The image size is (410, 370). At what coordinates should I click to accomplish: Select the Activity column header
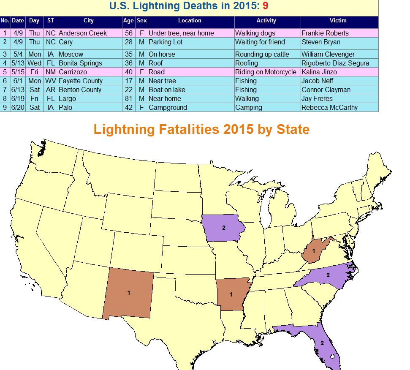(266, 20)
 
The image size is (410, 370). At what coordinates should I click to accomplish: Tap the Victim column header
(338, 20)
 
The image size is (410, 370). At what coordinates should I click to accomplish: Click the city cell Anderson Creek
(83, 33)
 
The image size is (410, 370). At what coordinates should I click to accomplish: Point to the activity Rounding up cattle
(262, 54)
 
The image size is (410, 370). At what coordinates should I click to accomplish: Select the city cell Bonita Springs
(80, 63)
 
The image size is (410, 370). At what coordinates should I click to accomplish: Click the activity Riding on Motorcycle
(266, 72)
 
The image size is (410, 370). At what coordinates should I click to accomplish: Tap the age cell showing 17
(129, 81)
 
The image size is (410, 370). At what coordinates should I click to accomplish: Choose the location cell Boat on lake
(167, 90)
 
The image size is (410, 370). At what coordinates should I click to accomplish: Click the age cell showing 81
(129, 98)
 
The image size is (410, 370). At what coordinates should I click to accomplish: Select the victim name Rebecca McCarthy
(329, 107)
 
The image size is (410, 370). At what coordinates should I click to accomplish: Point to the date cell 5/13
(18, 63)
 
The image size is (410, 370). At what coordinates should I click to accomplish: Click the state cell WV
(51, 81)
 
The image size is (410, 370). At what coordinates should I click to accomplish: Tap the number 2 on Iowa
(223, 228)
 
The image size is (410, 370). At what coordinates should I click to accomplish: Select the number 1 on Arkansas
(231, 294)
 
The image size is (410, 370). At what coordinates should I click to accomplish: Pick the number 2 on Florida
(322, 343)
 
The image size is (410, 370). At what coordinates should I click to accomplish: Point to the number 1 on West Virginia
(313, 251)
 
